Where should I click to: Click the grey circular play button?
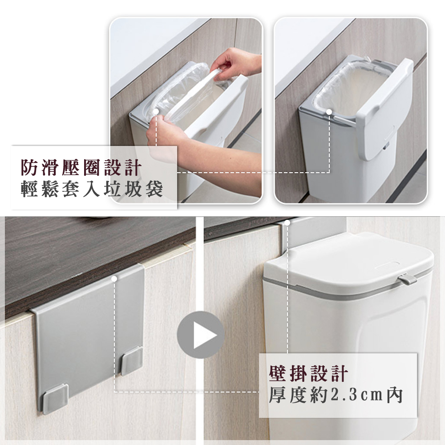click(x=200, y=335)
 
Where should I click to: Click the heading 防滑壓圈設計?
click(x=81, y=168)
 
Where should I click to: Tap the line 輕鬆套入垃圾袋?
click(x=92, y=189)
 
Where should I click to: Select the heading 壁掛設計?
click(x=309, y=373)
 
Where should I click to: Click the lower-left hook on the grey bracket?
click(x=55, y=398)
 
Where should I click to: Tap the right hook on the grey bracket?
click(x=132, y=361)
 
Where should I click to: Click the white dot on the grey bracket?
click(x=114, y=279)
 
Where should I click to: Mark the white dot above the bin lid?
click(x=287, y=223)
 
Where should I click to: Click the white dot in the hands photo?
click(x=156, y=112)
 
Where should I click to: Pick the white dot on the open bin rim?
click(x=329, y=112)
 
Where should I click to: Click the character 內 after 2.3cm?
click(x=395, y=395)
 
